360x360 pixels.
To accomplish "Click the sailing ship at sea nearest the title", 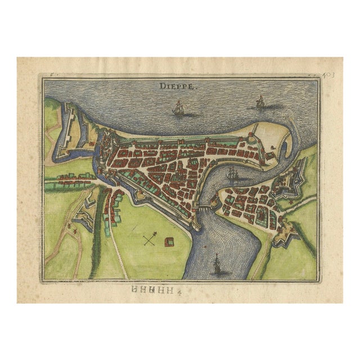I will [x=179, y=108].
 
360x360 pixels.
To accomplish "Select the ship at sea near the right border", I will [x=260, y=102].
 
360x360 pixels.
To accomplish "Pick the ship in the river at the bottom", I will [x=217, y=263].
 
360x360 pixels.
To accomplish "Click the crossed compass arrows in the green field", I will [x=148, y=240].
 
